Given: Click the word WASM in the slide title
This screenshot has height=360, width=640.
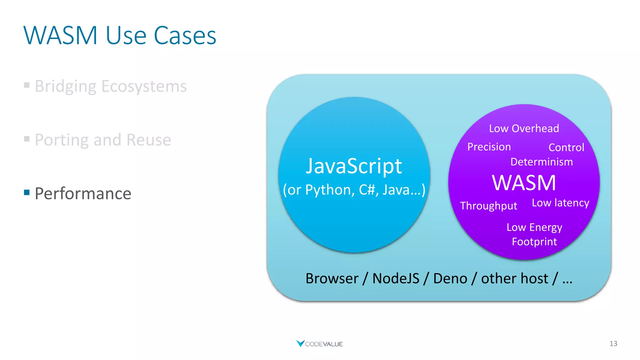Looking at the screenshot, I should pos(61,35).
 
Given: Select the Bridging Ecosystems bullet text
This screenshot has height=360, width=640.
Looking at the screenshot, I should pos(111,86).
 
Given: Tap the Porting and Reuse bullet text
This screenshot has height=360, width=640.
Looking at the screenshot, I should pos(103,140).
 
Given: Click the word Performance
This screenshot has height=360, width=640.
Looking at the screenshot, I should pos(83,193).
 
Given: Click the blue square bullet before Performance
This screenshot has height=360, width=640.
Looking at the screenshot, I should pos(27,192).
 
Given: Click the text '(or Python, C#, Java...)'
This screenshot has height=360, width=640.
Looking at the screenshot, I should pos(354,190).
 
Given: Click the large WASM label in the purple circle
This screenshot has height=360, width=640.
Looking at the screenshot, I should pos(524,183).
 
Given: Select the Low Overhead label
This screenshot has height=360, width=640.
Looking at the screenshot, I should pos(524,128).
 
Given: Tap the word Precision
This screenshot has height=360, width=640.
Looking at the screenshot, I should pos(489,147).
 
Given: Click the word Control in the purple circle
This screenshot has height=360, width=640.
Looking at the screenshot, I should pos(566,147).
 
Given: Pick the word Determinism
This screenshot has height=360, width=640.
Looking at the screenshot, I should pos(541,162).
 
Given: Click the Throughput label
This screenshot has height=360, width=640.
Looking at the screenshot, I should pos(488,206).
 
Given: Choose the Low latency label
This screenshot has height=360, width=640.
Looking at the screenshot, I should pos(560,203).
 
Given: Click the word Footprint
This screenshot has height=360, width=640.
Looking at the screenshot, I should pos(534,242).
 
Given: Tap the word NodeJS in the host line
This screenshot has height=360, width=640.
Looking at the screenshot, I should pos(396,278).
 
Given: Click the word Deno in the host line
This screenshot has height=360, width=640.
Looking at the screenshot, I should pos(450,278).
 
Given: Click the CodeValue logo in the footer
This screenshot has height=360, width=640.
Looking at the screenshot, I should pos(319,344).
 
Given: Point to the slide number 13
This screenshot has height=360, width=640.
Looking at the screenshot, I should pos(613,344).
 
